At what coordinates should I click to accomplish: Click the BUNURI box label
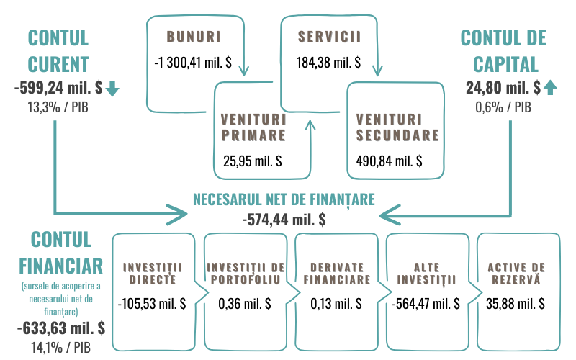(x=193, y=35)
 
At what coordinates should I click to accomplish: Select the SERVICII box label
(x=328, y=35)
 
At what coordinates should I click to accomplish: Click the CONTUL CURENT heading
(x=58, y=50)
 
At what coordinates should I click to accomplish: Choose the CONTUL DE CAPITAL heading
(x=503, y=50)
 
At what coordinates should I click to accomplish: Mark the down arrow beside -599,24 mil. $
(x=112, y=89)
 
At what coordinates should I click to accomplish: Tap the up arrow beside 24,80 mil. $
(x=550, y=89)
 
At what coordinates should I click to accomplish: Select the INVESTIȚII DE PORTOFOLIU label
(x=246, y=273)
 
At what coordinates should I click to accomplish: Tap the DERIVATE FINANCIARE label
(x=336, y=273)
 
